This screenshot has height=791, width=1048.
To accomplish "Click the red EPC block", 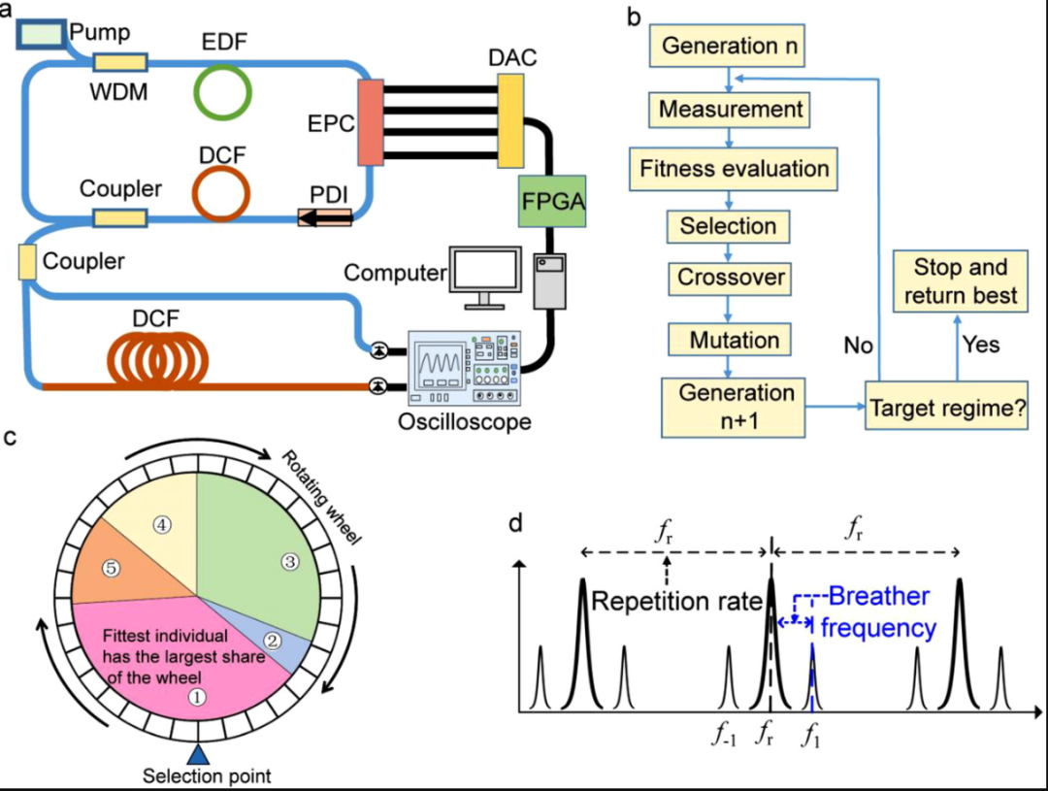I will click(x=371, y=122).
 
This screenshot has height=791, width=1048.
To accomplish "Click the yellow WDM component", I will click(x=119, y=63).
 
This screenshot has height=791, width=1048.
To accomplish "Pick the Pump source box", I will click(x=42, y=33).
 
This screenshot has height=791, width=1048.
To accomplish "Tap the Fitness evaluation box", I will click(x=734, y=168).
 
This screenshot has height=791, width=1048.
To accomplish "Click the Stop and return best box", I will click(x=960, y=281).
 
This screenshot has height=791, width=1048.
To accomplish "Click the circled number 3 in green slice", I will click(x=288, y=560).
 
